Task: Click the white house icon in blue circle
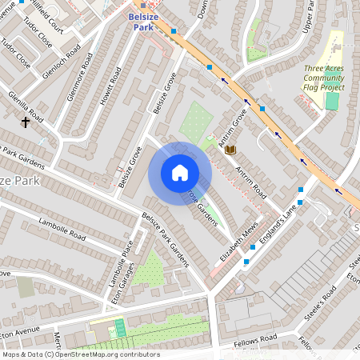click(180, 173)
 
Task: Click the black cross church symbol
click(26, 122)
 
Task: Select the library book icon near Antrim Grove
click(230, 150)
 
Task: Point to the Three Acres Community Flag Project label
click(323, 78)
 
